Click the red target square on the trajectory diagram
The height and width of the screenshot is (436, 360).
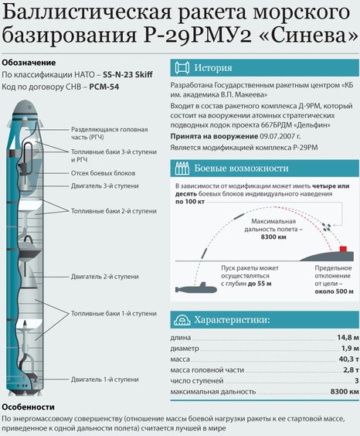point(343,249)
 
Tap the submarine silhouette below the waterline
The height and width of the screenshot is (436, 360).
point(196,288)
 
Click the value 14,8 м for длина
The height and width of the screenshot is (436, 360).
point(348,337)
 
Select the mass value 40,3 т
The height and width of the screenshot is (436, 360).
point(349,359)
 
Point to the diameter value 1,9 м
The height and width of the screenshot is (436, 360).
point(350,348)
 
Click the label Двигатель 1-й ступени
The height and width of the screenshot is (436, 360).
point(104,380)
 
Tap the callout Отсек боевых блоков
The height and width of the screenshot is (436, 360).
point(103,173)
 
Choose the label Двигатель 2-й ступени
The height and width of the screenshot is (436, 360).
point(104,277)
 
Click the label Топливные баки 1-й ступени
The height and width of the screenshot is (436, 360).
point(114,313)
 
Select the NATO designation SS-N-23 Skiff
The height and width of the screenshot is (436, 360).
point(127,74)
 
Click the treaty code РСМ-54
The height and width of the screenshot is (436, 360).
point(104,87)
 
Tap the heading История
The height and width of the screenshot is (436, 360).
point(212,67)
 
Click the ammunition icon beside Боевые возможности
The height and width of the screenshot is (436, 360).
point(182,169)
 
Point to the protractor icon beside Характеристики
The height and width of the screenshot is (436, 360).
point(182,320)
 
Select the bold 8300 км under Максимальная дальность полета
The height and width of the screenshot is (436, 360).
point(273,237)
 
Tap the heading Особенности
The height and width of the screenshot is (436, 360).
point(28,407)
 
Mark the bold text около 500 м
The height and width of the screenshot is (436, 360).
point(335,291)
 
